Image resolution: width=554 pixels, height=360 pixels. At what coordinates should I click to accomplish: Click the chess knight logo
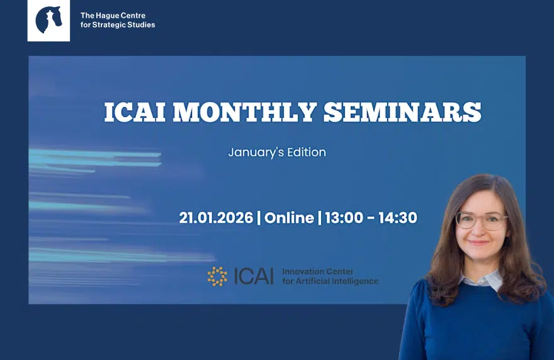tap(48, 20)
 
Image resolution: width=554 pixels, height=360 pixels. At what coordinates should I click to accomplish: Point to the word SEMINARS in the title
tap(402, 112)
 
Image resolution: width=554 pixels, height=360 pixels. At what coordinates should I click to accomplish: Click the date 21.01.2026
tap(216, 218)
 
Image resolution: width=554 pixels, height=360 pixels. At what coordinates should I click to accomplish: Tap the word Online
tap(289, 218)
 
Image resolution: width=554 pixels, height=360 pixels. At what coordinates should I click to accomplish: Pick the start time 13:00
tap(344, 218)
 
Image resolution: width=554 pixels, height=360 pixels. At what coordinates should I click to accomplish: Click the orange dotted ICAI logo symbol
tap(218, 276)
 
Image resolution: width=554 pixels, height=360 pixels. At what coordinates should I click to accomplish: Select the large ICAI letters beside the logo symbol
tap(254, 276)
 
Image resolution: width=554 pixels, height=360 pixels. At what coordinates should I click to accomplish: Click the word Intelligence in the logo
tap(355, 281)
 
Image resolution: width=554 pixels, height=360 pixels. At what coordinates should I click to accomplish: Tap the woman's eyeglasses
tap(482, 220)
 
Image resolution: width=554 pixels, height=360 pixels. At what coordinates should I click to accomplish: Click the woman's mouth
tap(480, 242)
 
